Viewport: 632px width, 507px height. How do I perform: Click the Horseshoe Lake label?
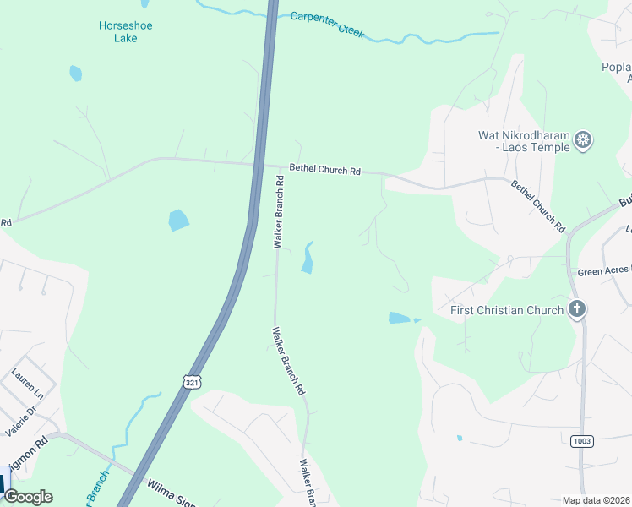tap(125, 31)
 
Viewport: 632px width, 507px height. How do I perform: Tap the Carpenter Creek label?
tap(327, 25)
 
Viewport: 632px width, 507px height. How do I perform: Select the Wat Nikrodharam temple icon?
tap(583, 140)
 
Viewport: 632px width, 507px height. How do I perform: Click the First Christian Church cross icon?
tap(577, 309)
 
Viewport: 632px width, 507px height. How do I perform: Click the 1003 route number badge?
tap(581, 441)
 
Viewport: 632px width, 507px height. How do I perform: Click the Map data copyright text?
tap(596, 500)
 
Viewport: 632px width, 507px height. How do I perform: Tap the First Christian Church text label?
tap(507, 310)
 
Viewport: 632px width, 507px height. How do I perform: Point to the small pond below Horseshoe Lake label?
tap(76, 74)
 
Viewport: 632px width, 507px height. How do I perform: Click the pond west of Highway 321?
tap(178, 221)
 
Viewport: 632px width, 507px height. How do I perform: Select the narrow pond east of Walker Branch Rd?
tap(308, 258)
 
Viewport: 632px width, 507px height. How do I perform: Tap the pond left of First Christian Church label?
tap(400, 319)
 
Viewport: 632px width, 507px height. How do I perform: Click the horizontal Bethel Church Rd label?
tap(324, 170)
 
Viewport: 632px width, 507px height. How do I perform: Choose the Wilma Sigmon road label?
tap(173, 492)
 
